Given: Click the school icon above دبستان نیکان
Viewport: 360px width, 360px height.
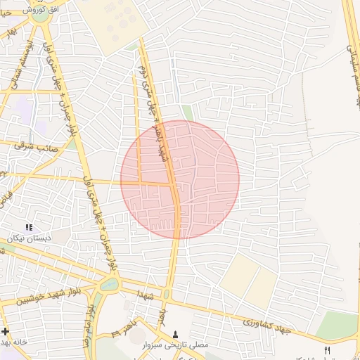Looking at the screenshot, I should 29,227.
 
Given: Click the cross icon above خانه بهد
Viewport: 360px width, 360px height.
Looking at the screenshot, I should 6,331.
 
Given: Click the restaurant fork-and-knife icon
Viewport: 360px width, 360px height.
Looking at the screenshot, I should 326,349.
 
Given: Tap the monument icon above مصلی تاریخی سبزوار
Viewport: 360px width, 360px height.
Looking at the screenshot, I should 175,334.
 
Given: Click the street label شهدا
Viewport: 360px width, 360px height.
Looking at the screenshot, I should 145,290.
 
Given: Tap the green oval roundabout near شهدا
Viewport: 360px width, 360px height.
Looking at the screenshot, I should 110,285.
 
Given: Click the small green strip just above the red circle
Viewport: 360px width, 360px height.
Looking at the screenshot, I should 188,112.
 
